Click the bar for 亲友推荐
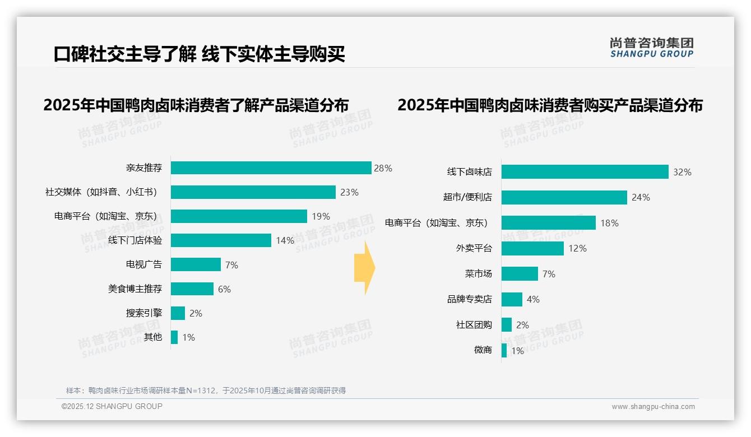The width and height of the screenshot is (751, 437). pos(271,168)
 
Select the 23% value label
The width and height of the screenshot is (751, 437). pos(349,192)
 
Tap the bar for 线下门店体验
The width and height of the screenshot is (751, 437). pos(221,240)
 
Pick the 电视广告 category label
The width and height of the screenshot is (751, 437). pos(144,265)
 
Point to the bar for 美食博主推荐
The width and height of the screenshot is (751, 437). pos(192,289)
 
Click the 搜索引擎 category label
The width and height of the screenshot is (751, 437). pos(144,313)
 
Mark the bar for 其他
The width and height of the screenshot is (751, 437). pos(174,337)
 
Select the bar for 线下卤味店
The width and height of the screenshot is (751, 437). pos(585,172)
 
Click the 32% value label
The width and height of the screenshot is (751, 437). pos(682,172)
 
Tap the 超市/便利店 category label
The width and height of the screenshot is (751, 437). pos(467,197)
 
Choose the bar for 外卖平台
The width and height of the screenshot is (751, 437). pos(532,248)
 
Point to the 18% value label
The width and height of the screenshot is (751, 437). pos(609,223)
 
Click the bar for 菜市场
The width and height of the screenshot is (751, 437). pos(520,274)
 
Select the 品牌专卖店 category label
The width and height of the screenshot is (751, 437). pos(470,299)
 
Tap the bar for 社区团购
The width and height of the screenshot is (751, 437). pos(507,325)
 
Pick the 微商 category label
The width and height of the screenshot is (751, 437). pos(483,350)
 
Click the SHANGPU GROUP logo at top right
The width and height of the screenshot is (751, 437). pos(651,48)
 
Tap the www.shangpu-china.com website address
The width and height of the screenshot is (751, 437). pos(653,407)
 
